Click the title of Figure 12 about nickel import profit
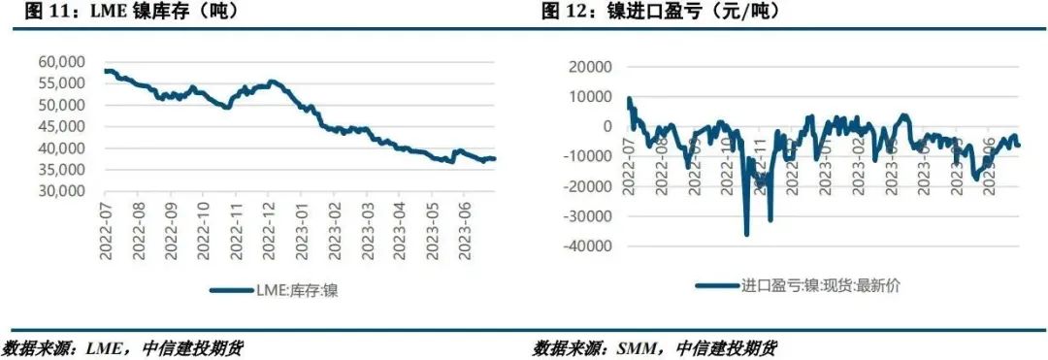pos(660,13)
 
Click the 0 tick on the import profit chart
pos(607,126)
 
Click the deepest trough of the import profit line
pos(746,233)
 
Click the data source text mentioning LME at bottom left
pos(121,348)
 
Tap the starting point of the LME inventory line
pos(105,71)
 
